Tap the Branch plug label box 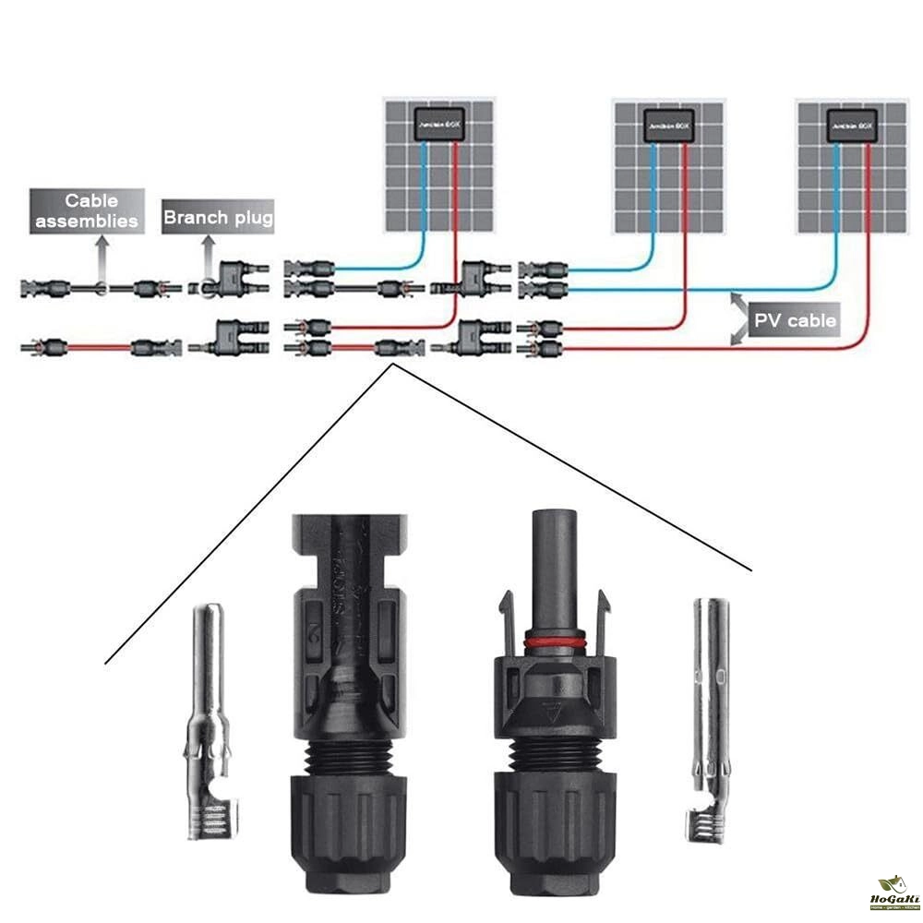click(x=218, y=218)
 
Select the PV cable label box click(x=795, y=320)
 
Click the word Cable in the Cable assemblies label click(x=90, y=199)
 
